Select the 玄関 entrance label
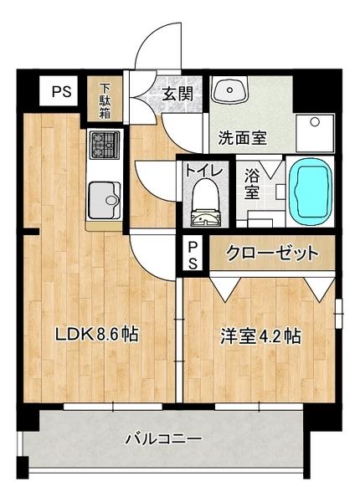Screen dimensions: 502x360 point(177,93)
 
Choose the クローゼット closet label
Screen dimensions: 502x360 point(271,252)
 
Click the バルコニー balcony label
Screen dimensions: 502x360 point(164,438)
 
